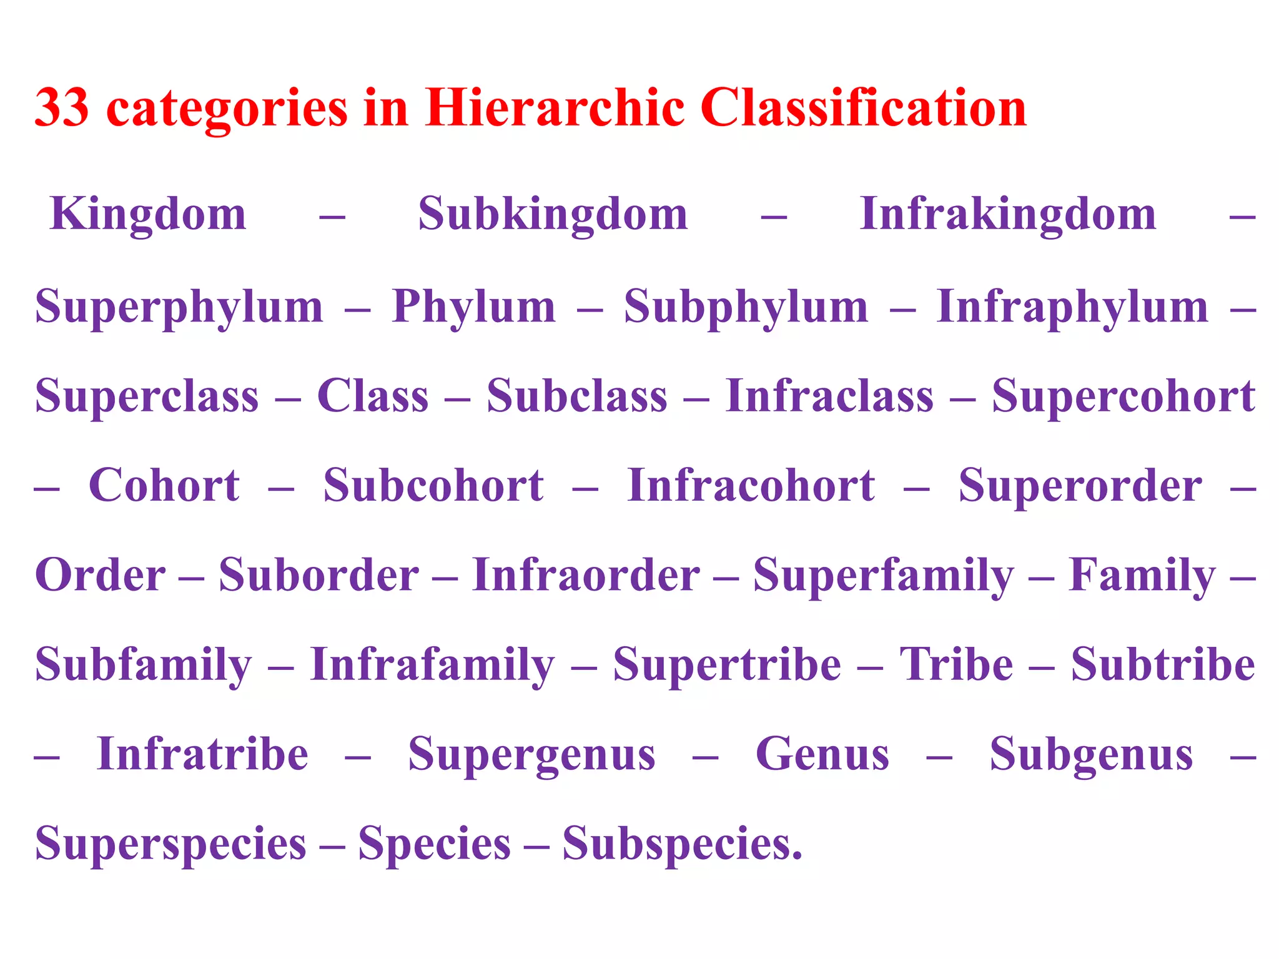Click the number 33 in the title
61,107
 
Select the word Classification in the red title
863,107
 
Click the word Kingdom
148,214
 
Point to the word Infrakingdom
1007,214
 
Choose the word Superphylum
179,307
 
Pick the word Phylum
473,306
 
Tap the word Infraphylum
1072,307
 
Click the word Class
373,396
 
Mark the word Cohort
164,485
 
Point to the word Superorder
1080,486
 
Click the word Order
101,574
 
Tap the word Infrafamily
432,665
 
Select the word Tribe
956,664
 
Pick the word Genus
822,754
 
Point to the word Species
435,844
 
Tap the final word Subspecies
681,844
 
